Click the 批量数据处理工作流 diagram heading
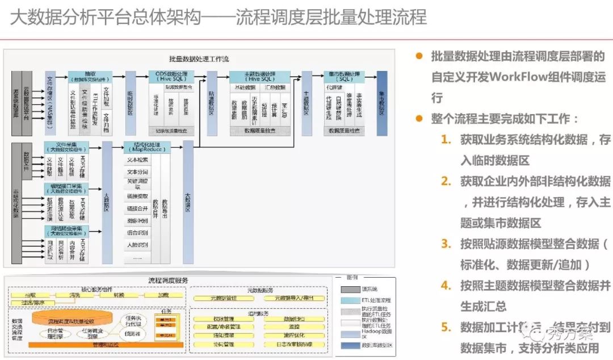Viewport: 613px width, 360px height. coord(199,59)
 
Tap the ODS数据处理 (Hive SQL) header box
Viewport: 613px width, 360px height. coord(171,77)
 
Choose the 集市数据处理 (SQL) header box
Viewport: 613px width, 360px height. coord(345,77)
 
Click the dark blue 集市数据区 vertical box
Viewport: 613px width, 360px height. coord(382,103)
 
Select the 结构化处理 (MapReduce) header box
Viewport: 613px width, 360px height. coord(147,148)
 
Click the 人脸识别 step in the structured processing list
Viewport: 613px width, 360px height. coord(137,245)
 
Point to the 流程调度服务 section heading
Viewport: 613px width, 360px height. coord(168,281)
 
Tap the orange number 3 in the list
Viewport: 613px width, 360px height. coord(446,244)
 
